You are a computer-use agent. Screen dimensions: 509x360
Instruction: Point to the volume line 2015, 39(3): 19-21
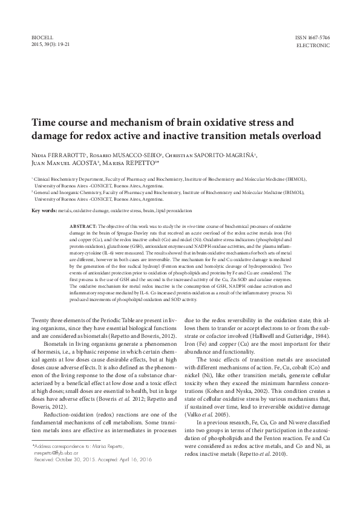coord(50,45)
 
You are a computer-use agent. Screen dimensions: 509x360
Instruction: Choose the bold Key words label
coord(43,210)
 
